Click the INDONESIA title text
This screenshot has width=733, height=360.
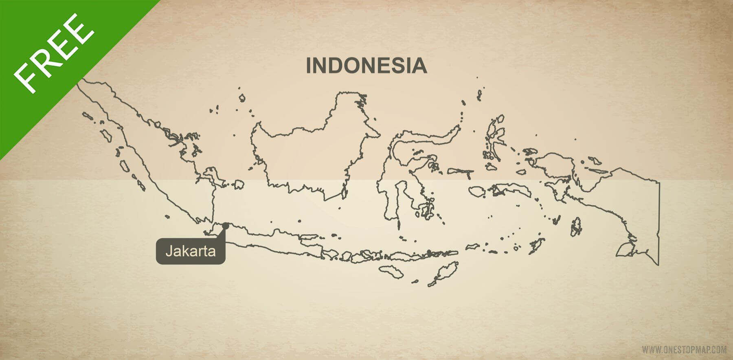click(366, 66)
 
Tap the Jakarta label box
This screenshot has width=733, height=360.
click(190, 251)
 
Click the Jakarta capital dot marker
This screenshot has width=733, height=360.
click(226, 224)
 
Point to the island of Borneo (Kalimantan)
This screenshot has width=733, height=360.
click(309, 155)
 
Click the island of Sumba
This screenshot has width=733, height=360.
click(393, 272)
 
